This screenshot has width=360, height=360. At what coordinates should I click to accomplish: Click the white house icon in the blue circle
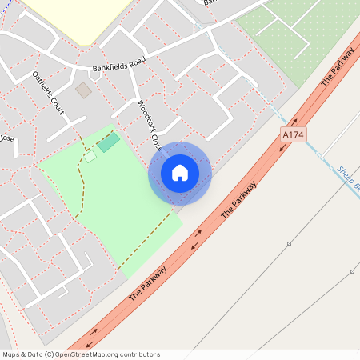pyautogui.click(x=180, y=173)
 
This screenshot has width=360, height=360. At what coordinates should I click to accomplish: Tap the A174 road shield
pyautogui.click(x=293, y=137)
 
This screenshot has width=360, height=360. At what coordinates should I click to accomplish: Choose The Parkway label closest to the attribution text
pyautogui.click(x=148, y=283)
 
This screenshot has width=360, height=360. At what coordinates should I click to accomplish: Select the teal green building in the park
pyautogui.click(x=109, y=142)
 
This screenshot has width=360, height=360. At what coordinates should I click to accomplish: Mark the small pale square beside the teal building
pyautogui.click(x=90, y=156)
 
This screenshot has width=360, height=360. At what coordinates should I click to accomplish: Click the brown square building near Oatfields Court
pyautogui.click(x=83, y=90)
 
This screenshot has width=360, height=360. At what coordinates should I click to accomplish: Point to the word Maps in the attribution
pyautogui.click(x=12, y=354)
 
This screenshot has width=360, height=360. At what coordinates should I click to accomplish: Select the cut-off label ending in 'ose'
pyautogui.click(x=6, y=138)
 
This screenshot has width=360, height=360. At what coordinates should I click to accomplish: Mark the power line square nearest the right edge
pyautogui.click(x=352, y=272)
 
